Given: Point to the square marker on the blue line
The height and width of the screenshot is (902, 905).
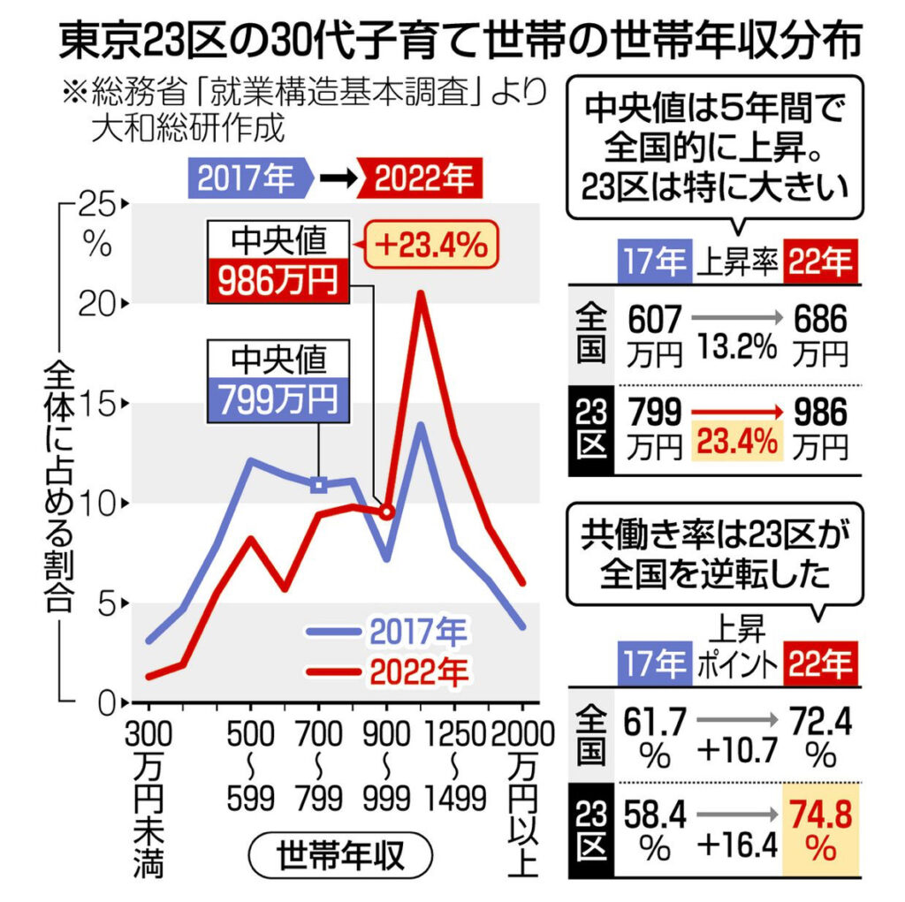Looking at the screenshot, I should pyautogui.click(x=320, y=483).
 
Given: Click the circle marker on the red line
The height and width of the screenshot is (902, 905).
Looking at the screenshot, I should pyautogui.click(x=385, y=511).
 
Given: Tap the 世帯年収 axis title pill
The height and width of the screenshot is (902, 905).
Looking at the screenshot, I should pyautogui.click(x=340, y=855).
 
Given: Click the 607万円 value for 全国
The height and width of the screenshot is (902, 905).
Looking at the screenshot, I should pyautogui.click(x=656, y=334).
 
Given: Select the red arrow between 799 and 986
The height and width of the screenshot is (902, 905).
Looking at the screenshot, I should pyautogui.click(x=739, y=411).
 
